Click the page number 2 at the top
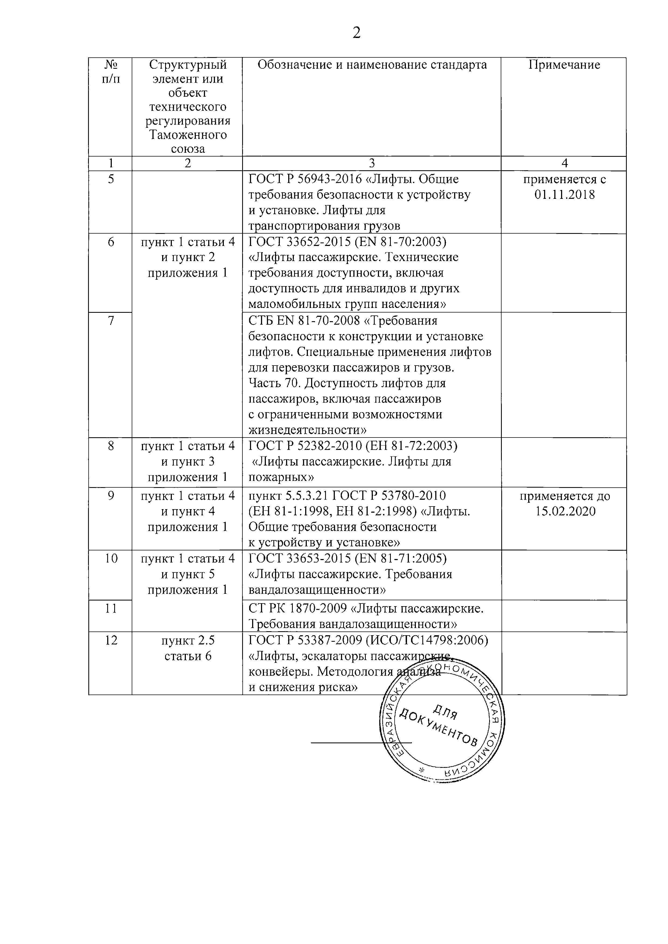pos(356,33)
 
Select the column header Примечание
pos(564,65)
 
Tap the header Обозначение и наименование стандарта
pos(372,65)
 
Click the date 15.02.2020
pos(565,511)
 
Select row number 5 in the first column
pos(111,179)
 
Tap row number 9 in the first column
pos(111,496)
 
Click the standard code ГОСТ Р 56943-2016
pos(304,179)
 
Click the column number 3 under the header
pos(371,163)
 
